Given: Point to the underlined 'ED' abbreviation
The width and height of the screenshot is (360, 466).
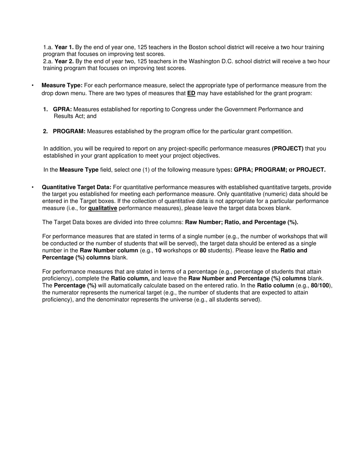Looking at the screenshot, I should coord(191,93).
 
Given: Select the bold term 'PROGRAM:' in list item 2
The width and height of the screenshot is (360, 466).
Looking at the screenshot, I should coord(69,131).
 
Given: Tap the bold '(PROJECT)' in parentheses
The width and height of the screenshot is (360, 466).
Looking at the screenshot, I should coord(288,149).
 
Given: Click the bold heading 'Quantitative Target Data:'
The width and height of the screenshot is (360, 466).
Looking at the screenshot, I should coord(77,187).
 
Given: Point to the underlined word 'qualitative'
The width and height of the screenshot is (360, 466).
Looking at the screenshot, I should coord(102,208).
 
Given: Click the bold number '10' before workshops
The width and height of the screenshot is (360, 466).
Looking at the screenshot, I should coord(158,251).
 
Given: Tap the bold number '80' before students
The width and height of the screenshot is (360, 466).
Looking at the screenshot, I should coord(203,251).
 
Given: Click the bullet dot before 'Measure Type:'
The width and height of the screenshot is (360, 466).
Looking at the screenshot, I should coord(33,86).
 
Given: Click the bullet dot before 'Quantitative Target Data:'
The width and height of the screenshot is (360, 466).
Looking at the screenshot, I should coord(33,187).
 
